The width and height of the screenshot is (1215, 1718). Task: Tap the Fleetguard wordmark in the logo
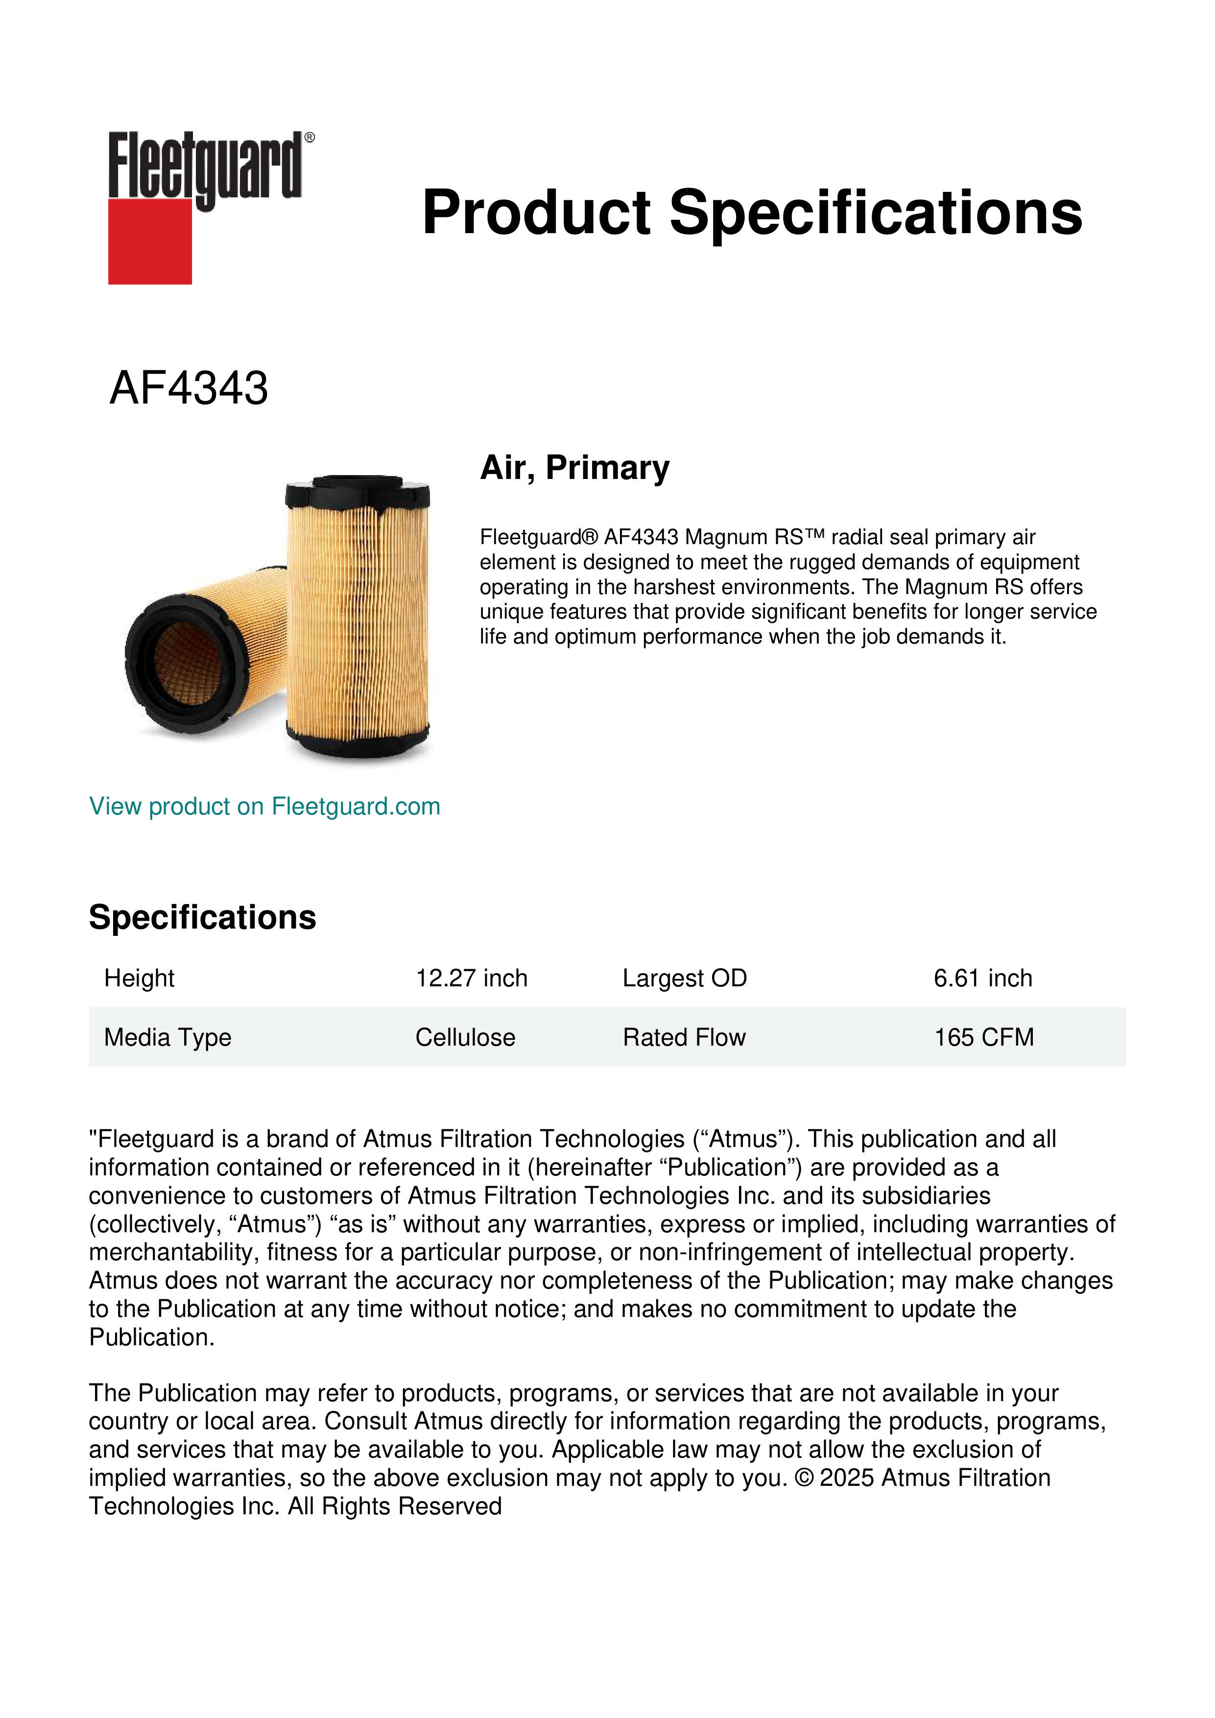(x=206, y=166)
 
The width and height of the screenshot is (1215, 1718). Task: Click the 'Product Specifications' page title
(x=752, y=213)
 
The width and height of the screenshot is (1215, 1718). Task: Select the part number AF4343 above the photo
(x=189, y=388)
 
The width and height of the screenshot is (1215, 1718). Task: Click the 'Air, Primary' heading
(x=574, y=468)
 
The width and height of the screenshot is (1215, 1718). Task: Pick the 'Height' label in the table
(x=139, y=978)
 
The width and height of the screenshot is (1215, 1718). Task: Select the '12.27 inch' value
(x=471, y=978)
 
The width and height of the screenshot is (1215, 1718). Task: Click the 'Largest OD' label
(x=685, y=978)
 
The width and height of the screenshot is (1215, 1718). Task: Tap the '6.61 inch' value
(x=982, y=978)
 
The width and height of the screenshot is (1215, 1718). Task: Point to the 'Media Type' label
(x=167, y=1038)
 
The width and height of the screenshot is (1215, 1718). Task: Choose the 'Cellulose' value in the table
(x=465, y=1038)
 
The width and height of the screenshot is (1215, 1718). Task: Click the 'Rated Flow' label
(x=684, y=1038)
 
